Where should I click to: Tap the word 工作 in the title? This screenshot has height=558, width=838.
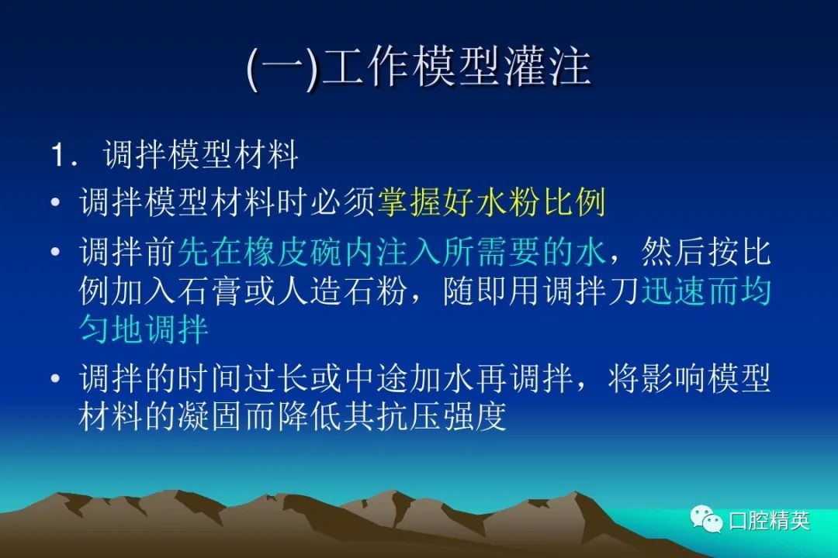(366, 68)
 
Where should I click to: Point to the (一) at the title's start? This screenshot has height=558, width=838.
(284, 69)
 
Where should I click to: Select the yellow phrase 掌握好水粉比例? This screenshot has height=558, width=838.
(492, 202)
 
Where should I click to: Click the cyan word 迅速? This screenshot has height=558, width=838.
(674, 291)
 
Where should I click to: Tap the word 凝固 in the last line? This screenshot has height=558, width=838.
(209, 416)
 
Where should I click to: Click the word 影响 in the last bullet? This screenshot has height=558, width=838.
(674, 378)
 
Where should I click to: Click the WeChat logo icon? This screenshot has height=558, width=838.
(707, 519)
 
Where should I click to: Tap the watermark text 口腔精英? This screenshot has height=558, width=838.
(769, 520)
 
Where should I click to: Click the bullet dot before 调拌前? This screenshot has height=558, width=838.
(56, 252)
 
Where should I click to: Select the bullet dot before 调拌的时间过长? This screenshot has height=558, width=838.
(56, 378)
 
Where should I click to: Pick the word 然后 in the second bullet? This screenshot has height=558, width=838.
(674, 252)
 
